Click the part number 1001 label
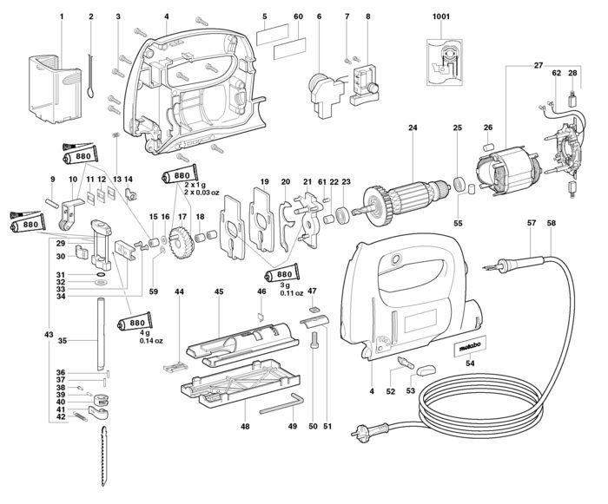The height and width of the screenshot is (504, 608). [441, 16]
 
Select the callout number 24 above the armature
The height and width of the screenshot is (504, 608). [413, 128]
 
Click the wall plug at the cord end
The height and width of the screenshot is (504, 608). [369, 429]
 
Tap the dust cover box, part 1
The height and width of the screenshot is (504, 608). [55, 89]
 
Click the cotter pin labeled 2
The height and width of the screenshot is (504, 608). [90, 76]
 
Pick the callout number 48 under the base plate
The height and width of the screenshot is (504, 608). [245, 427]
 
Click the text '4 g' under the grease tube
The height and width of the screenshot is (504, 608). [146, 334]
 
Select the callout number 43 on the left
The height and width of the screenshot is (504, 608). [48, 334]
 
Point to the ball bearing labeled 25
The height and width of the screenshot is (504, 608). [459, 183]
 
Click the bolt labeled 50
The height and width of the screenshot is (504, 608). [314, 341]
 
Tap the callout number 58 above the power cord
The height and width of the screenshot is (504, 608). [551, 223]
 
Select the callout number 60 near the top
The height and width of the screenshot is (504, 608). [298, 16]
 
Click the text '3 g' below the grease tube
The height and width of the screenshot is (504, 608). [286, 285]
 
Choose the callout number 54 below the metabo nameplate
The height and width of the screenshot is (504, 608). [470, 363]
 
